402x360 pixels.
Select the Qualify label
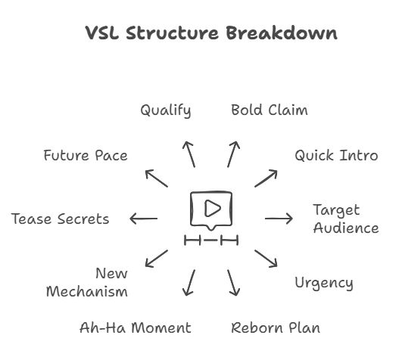pos(165,110)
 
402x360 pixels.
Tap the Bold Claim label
pos(269,110)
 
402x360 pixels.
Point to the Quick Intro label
pos(335,155)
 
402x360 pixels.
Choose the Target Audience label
pos(345,219)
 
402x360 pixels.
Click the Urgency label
pos(323,283)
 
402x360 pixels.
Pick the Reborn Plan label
pos(275,327)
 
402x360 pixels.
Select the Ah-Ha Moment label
pos(135,327)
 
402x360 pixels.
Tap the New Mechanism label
pos(88,282)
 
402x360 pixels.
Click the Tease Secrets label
pos(60,219)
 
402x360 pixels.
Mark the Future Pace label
pos(85,156)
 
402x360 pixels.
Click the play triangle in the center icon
pos(213,207)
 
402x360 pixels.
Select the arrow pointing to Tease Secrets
pos(143,219)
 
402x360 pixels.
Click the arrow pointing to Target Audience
pos(279,219)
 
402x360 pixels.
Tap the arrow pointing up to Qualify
pos(189,154)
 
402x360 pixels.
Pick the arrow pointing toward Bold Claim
pos(233,154)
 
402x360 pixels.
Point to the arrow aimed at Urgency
pos(266,259)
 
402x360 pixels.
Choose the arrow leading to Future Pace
pos(157,178)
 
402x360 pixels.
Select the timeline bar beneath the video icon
pos(211,241)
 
